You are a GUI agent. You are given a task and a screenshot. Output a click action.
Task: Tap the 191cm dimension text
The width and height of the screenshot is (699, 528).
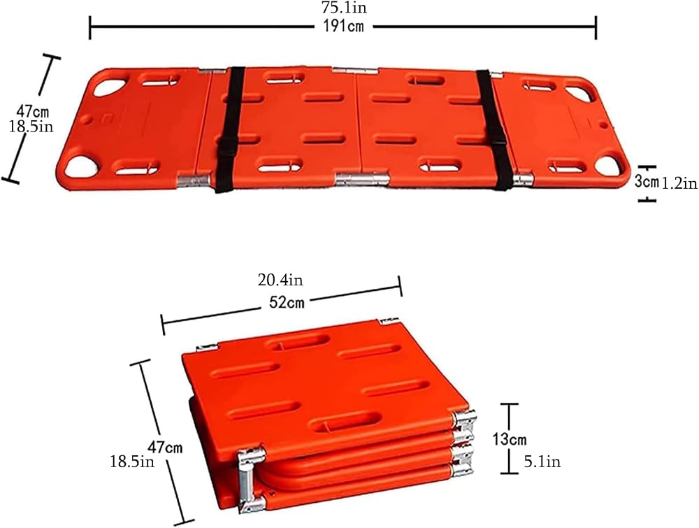(344, 27)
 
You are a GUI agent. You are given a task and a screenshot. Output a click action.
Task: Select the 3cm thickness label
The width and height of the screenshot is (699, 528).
(647, 181)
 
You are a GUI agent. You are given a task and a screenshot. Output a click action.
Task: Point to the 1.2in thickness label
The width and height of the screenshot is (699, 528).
(679, 183)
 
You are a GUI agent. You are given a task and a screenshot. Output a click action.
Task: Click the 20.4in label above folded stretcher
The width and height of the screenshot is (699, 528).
(280, 280)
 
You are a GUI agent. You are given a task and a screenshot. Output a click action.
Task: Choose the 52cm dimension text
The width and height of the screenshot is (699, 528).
(287, 303)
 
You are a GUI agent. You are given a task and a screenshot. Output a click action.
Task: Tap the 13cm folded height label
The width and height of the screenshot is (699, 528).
(509, 439)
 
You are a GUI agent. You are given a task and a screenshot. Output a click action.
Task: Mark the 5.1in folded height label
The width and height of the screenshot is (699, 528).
(542, 462)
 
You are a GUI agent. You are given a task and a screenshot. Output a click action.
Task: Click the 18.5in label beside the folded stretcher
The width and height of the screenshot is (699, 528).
(132, 462)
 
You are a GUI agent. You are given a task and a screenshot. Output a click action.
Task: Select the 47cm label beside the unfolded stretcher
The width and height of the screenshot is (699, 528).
(33, 110)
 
